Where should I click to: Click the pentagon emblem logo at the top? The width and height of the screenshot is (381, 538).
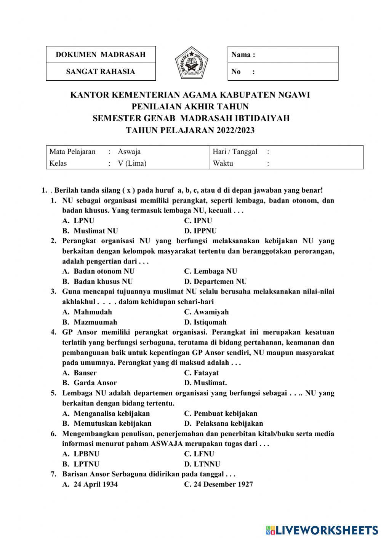pyautogui.click(x=192, y=63)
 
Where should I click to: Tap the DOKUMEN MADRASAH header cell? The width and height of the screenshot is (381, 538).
pyautogui.click(x=101, y=54)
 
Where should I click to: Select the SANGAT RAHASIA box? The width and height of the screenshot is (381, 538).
pyautogui.click(x=101, y=72)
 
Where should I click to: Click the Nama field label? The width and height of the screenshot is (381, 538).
pyautogui.click(x=243, y=54)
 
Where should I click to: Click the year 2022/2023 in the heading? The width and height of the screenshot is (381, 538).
pyautogui.click(x=235, y=130)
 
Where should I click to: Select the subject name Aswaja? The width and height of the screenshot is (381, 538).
pyautogui.click(x=129, y=152)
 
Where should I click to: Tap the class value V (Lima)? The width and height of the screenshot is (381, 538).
pyautogui.click(x=132, y=163)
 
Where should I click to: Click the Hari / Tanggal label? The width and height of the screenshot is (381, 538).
pyautogui.click(x=235, y=152)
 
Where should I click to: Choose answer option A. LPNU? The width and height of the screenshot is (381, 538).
pyautogui.click(x=78, y=220)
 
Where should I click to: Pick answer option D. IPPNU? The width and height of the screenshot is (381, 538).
pyautogui.click(x=200, y=231)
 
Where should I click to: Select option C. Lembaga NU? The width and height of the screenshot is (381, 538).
pyautogui.click(x=211, y=271)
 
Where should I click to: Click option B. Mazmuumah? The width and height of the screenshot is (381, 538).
pyautogui.click(x=90, y=322)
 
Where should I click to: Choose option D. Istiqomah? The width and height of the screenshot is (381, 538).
pyautogui.click(x=205, y=322)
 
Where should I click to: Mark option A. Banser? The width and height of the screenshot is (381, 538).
pyautogui.click(x=80, y=373)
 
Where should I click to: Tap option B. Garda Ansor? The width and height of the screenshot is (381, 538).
pyautogui.click(x=90, y=383)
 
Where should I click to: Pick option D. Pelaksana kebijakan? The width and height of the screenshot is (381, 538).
pyautogui.click(x=224, y=423)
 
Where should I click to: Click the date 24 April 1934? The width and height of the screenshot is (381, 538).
pyautogui.click(x=90, y=484)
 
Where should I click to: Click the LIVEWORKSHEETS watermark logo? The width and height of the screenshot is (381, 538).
pyautogui.click(x=322, y=530)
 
